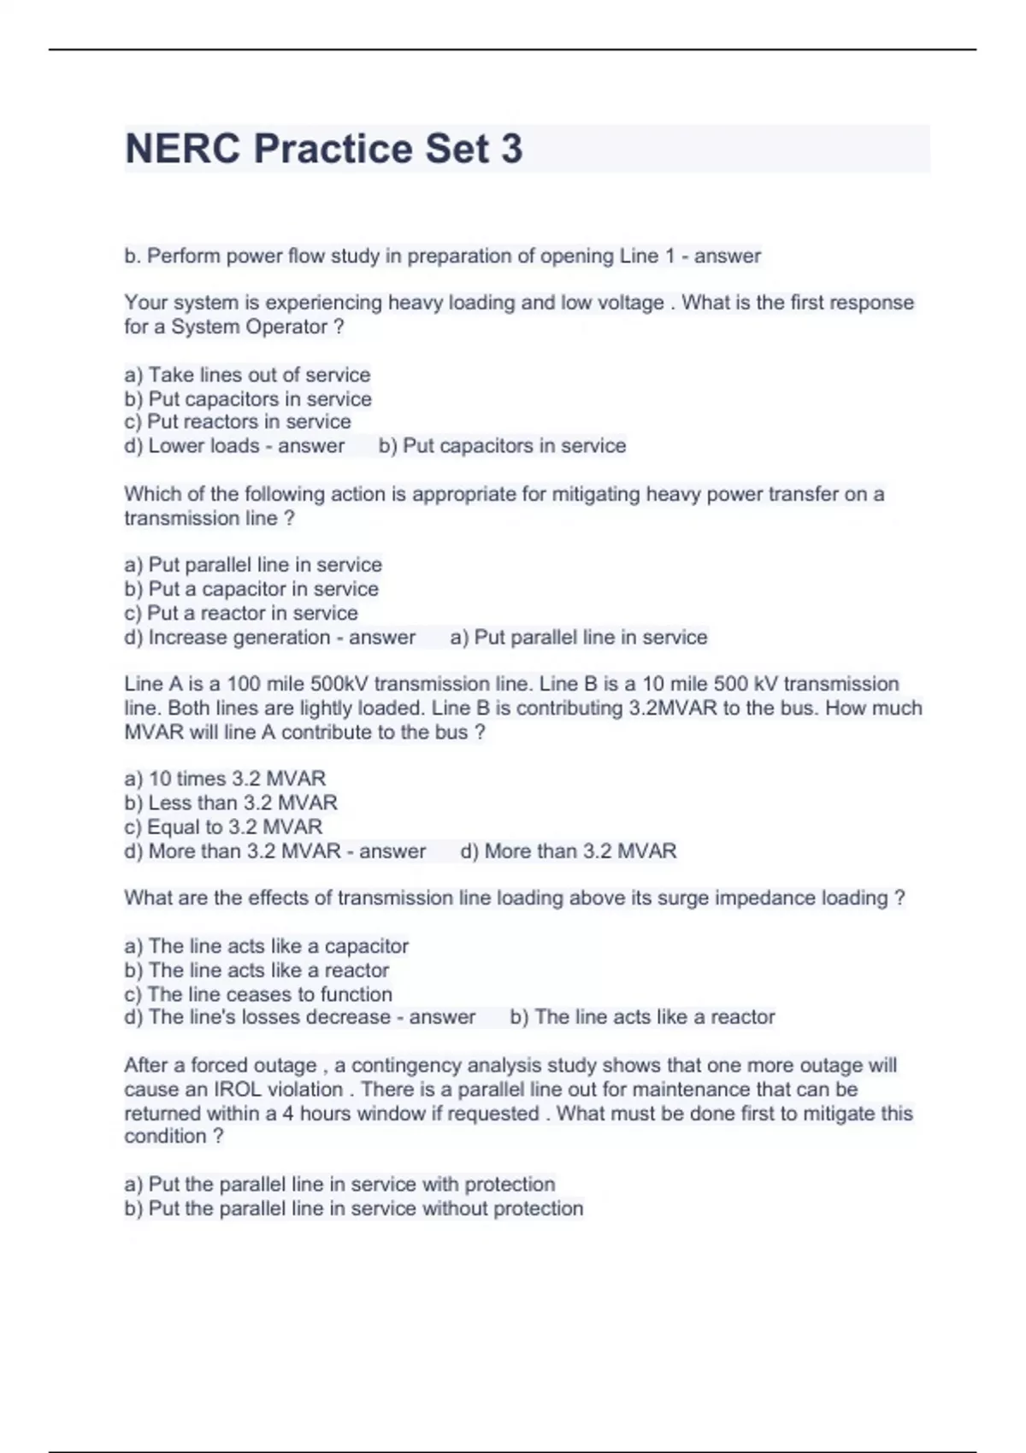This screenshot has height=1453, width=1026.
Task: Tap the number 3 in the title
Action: click(511, 149)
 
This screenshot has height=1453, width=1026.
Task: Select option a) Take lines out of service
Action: click(247, 374)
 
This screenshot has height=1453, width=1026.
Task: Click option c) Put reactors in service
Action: click(238, 421)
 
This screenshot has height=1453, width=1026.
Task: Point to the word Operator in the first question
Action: click(286, 326)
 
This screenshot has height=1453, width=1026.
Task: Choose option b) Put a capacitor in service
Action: click(251, 589)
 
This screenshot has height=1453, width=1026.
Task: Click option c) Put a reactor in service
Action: click(241, 613)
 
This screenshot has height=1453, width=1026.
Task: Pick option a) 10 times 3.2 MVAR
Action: click(225, 779)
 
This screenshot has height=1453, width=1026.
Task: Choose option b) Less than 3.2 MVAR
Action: click(231, 803)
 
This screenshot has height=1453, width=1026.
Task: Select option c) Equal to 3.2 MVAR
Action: click(223, 827)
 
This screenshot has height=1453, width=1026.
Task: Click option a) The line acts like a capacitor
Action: click(266, 946)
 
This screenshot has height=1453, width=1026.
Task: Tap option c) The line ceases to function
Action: click(258, 994)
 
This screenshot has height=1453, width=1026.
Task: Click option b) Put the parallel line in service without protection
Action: click(354, 1209)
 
